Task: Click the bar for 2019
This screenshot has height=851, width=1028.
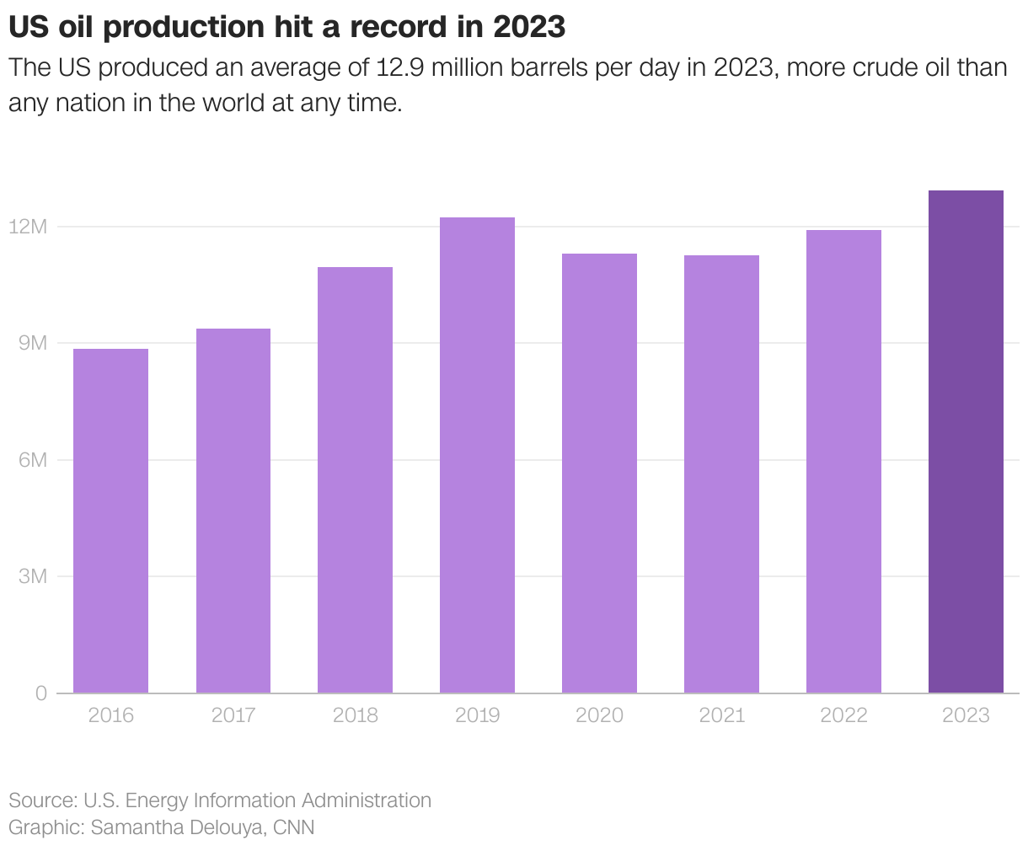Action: (477, 455)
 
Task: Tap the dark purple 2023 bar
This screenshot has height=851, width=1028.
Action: (966, 442)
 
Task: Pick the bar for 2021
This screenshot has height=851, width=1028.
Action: (721, 474)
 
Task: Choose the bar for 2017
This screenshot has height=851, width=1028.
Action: (233, 511)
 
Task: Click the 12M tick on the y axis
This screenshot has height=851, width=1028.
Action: (28, 227)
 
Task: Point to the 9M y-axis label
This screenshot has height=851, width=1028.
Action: (32, 343)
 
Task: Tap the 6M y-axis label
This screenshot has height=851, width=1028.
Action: (32, 460)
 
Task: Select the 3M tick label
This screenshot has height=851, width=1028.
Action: (32, 576)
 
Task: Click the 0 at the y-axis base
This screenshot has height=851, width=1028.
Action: (40, 693)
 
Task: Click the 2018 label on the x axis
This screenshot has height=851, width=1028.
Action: (355, 715)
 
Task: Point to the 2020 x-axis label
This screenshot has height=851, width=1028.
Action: (599, 715)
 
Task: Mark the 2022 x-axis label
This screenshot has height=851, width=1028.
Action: (843, 715)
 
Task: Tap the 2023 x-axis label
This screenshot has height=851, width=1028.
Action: (966, 715)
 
